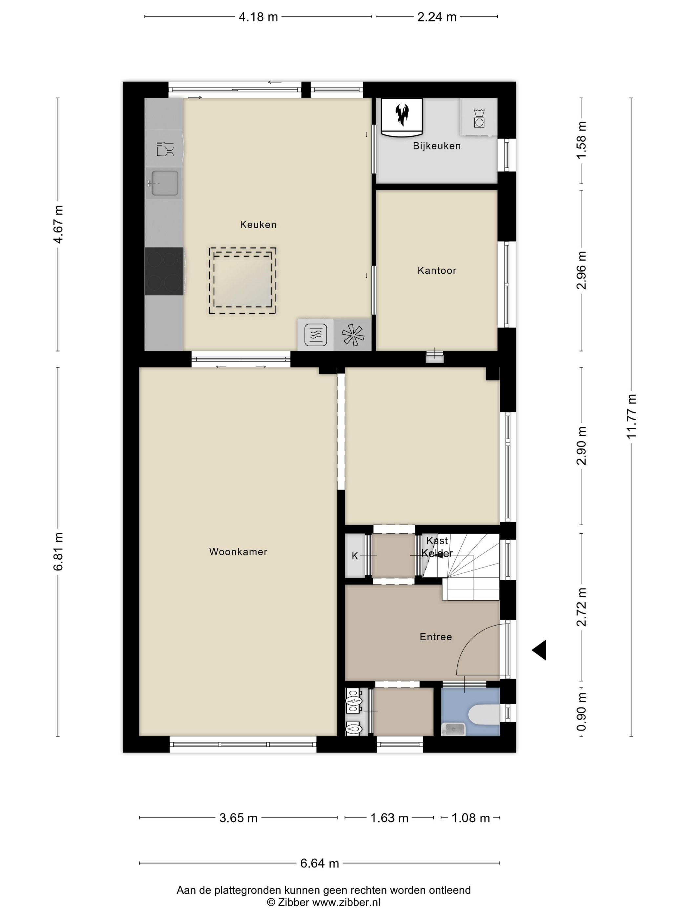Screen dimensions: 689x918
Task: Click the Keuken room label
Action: click(258, 225)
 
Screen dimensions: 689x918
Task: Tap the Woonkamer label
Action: click(238, 551)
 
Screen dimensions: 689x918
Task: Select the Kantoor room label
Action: click(437, 270)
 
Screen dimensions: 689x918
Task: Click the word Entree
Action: click(436, 637)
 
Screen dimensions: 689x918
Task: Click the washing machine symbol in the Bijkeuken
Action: click(479, 118)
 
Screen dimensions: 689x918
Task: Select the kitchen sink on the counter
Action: click(164, 183)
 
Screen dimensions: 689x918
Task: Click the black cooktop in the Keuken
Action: click(164, 271)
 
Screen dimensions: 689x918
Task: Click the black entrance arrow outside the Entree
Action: click(539, 650)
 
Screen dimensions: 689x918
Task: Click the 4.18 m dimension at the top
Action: click(258, 17)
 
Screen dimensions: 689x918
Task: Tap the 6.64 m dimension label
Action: click(319, 863)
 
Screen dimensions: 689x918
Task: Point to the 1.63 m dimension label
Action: click(389, 818)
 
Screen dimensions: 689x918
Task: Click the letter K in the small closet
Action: click(355, 556)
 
